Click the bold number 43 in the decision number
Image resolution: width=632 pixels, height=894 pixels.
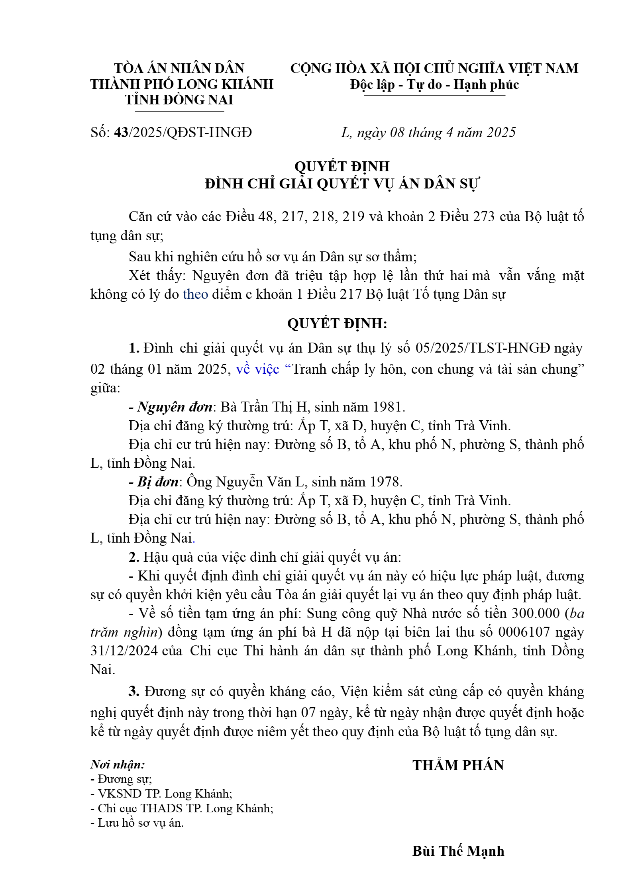121,132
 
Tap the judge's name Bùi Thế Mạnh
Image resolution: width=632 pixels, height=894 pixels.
458,851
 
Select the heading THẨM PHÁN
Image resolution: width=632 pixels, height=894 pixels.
458,765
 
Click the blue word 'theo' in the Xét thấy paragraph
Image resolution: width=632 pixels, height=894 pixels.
195,294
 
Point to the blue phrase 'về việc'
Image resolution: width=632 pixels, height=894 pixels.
257,369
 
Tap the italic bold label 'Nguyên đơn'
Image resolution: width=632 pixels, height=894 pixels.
175,407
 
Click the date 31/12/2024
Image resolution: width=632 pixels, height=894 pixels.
124,651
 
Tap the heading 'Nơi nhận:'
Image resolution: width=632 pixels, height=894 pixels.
118,764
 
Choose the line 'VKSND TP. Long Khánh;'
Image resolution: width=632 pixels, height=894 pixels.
161,794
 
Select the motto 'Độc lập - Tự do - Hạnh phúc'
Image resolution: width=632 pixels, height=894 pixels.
434,84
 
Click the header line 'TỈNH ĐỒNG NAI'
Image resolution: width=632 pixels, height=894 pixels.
179,100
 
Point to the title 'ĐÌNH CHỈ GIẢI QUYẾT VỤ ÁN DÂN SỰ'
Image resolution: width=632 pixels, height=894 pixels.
342,184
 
